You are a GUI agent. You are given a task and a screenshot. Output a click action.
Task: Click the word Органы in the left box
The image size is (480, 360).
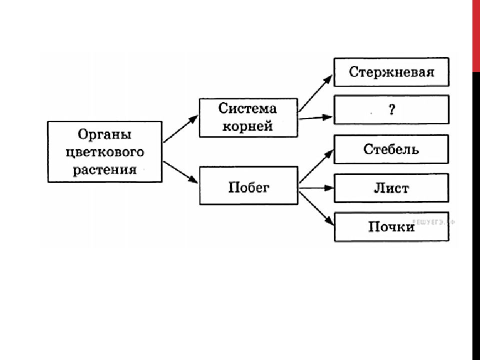click(x=104, y=134)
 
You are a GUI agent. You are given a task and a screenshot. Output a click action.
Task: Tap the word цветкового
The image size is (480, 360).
click(x=104, y=152)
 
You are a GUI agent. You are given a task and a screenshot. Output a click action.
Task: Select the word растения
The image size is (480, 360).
click(x=104, y=170)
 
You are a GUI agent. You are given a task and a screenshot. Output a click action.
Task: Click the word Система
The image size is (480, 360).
click(x=247, y=108)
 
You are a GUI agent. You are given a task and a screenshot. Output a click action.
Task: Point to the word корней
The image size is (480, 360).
click(x=247, y=126)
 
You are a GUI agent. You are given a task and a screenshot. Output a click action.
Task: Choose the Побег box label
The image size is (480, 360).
click(x=249, y=187)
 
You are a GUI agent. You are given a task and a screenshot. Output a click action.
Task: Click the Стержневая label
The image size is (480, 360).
click(x=391, y=72)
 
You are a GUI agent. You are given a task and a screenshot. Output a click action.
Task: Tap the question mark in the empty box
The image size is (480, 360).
click(x=392, y=109)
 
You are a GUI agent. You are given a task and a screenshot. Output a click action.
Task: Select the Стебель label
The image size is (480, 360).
click(x=391, y=149)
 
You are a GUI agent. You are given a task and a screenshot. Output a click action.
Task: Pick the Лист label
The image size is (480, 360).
click(x=391, y=188)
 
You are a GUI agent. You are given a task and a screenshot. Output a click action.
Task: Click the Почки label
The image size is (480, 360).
click(x=391, y=227)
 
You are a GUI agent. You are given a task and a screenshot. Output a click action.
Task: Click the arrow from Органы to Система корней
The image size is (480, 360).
click(x=181, y=129)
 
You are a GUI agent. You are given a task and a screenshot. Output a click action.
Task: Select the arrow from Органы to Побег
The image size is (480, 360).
click(x=180, y=172)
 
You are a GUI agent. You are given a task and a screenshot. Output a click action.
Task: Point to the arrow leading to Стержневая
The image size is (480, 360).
click(x=315, y=93)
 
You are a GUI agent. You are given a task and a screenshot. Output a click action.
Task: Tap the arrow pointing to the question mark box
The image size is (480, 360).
click(x=315, y=117)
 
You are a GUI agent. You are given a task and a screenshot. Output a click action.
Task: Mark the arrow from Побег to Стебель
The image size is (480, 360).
click(x=316, y=166)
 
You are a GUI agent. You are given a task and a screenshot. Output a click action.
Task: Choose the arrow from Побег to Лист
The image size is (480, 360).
click(x=316, y=188)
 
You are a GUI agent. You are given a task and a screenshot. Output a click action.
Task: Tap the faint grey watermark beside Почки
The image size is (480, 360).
click(x=433, y=222)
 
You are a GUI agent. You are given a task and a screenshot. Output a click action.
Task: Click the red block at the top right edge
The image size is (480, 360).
click(x=476, y=36)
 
